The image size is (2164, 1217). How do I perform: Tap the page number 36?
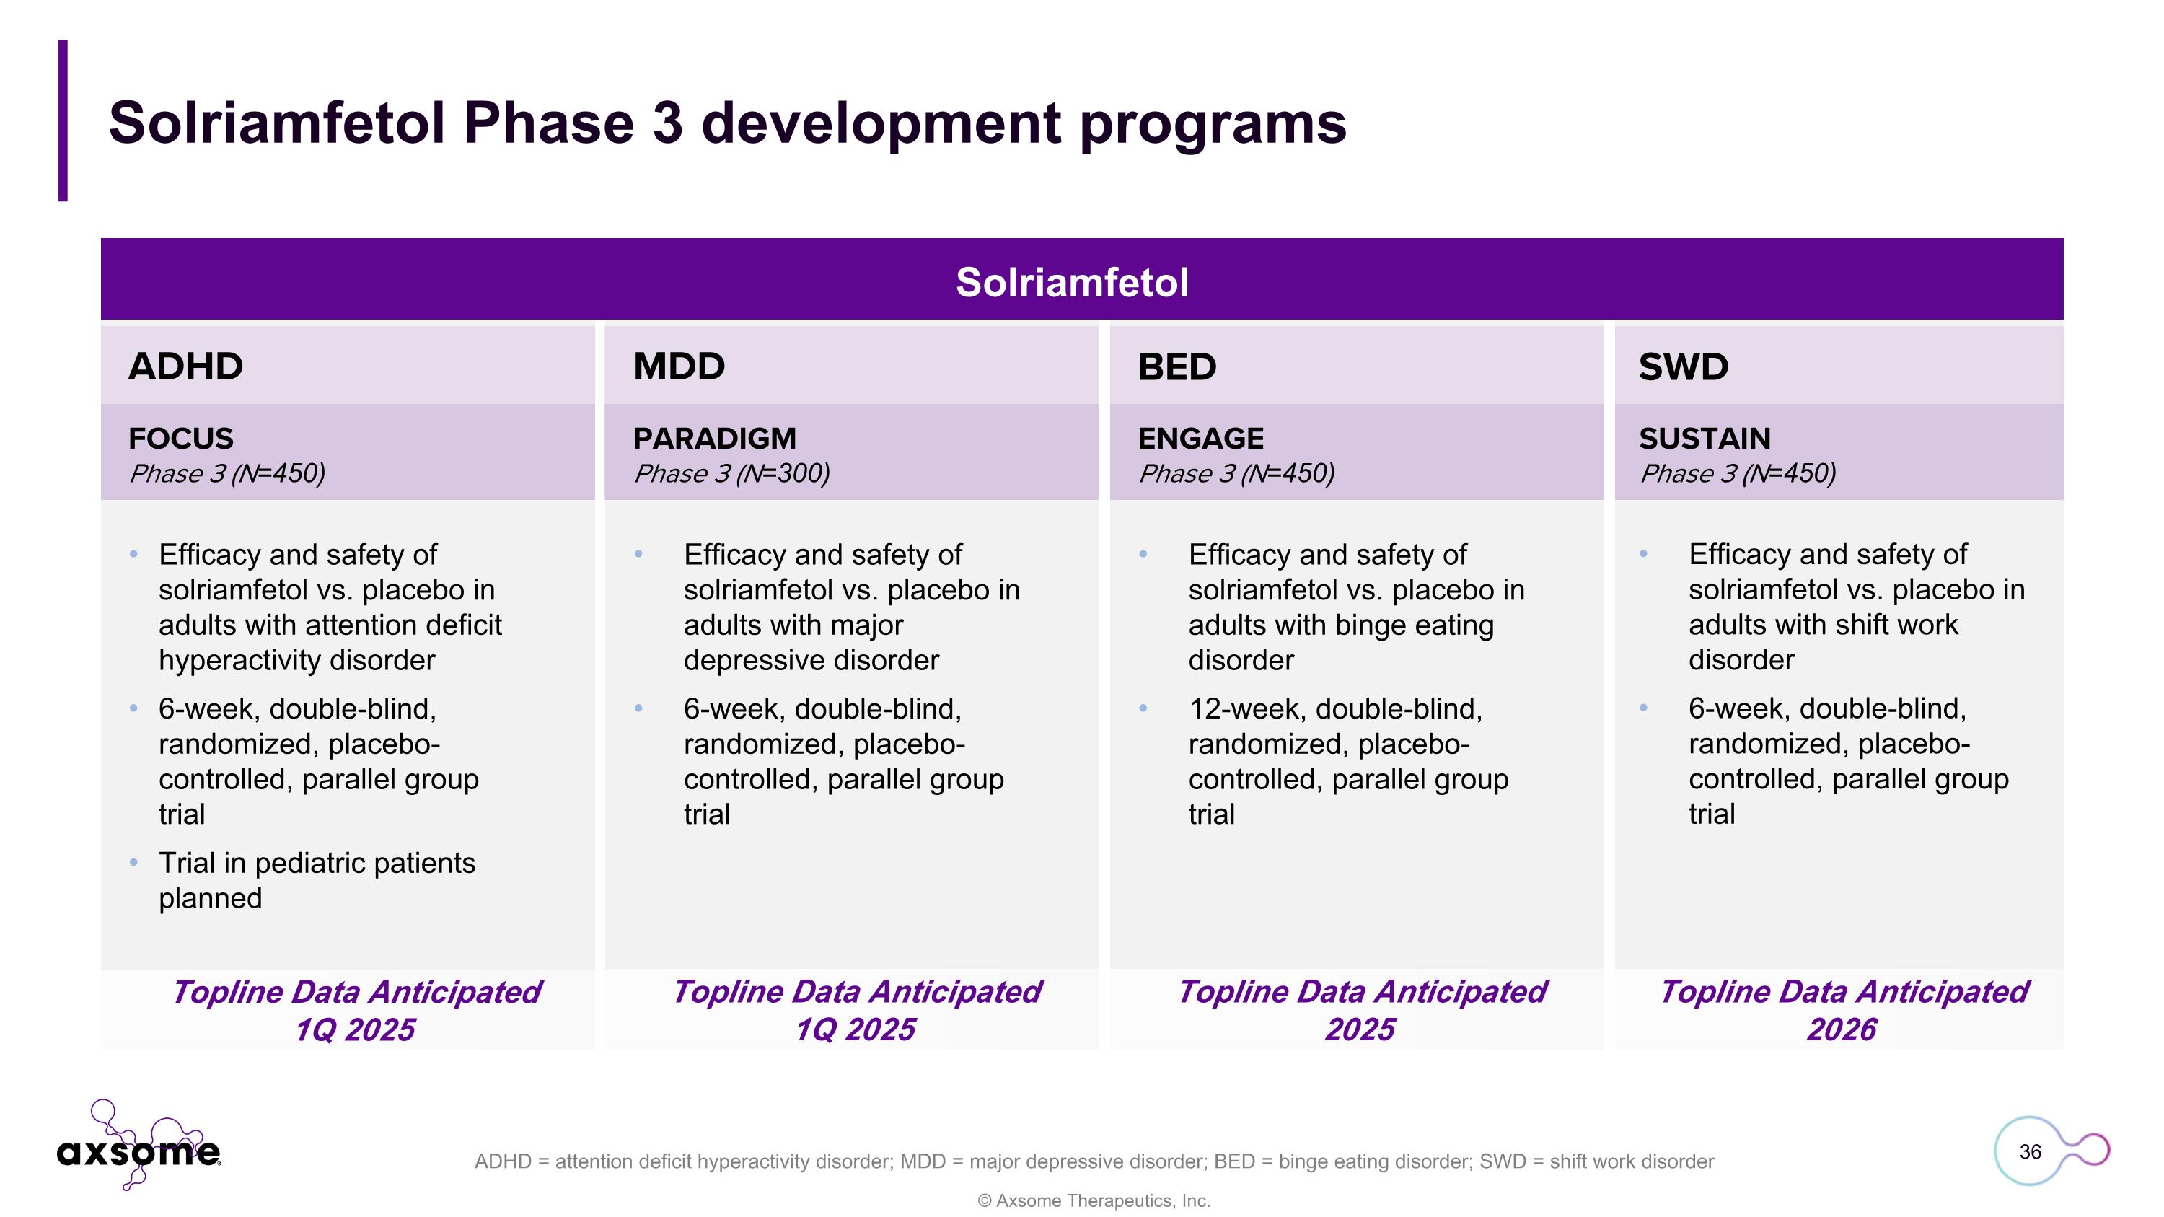pyautogui.click(x=2030, y=1151)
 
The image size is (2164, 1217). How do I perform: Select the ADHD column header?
pyautogui.click(x=185, y=366)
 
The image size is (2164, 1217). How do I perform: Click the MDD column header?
pyautogui.click(x=679, y=366)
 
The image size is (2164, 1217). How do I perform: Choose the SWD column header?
pyautogui.click(x=1683, y=366)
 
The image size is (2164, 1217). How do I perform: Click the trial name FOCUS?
pyautogui.click(x=180, y=439)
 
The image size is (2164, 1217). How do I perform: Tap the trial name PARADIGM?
pyautogui.click(x=714, y=439)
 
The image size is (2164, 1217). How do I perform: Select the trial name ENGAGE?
pyautogui.click(x=1200, y=439)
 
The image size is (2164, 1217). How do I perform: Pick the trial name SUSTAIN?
pyautogui.click(x=1705, y=439)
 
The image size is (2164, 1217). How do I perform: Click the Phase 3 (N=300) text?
pyautogui.click(x=731, y=474)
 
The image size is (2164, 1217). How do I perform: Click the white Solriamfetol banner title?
pyautogui.click(x=1072, y=282)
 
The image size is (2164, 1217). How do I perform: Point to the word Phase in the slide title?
pyautogui.click(x=547, y=123)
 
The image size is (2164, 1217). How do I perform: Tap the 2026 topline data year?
pyautogui.click(x=1842, y=1029)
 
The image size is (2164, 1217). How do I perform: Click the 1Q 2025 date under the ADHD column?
pyautogui.click(x=354, y=1029)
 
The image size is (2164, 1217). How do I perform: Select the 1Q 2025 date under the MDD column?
pyautogui.click(x=856, y=1029)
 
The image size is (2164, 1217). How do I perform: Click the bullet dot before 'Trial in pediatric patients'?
pyautogui.click(x=134, y=863)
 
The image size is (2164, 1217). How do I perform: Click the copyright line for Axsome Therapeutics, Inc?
pyautogui.click(x=1094, y=1201)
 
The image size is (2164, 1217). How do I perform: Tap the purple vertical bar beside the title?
pyautogui.click(x=63, y=120)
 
